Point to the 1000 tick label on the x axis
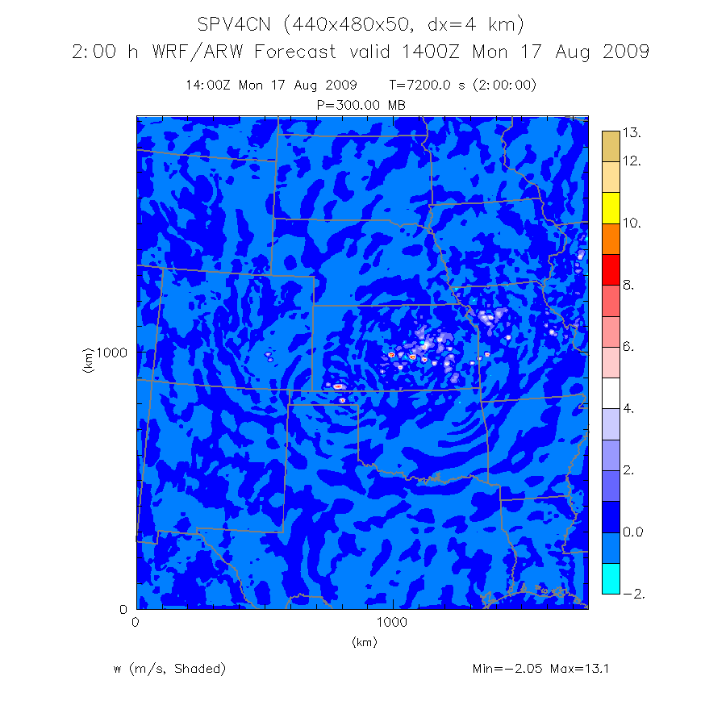tap(392, 623)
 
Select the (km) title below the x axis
tap(364, 642)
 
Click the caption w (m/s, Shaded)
tap(169, 669)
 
